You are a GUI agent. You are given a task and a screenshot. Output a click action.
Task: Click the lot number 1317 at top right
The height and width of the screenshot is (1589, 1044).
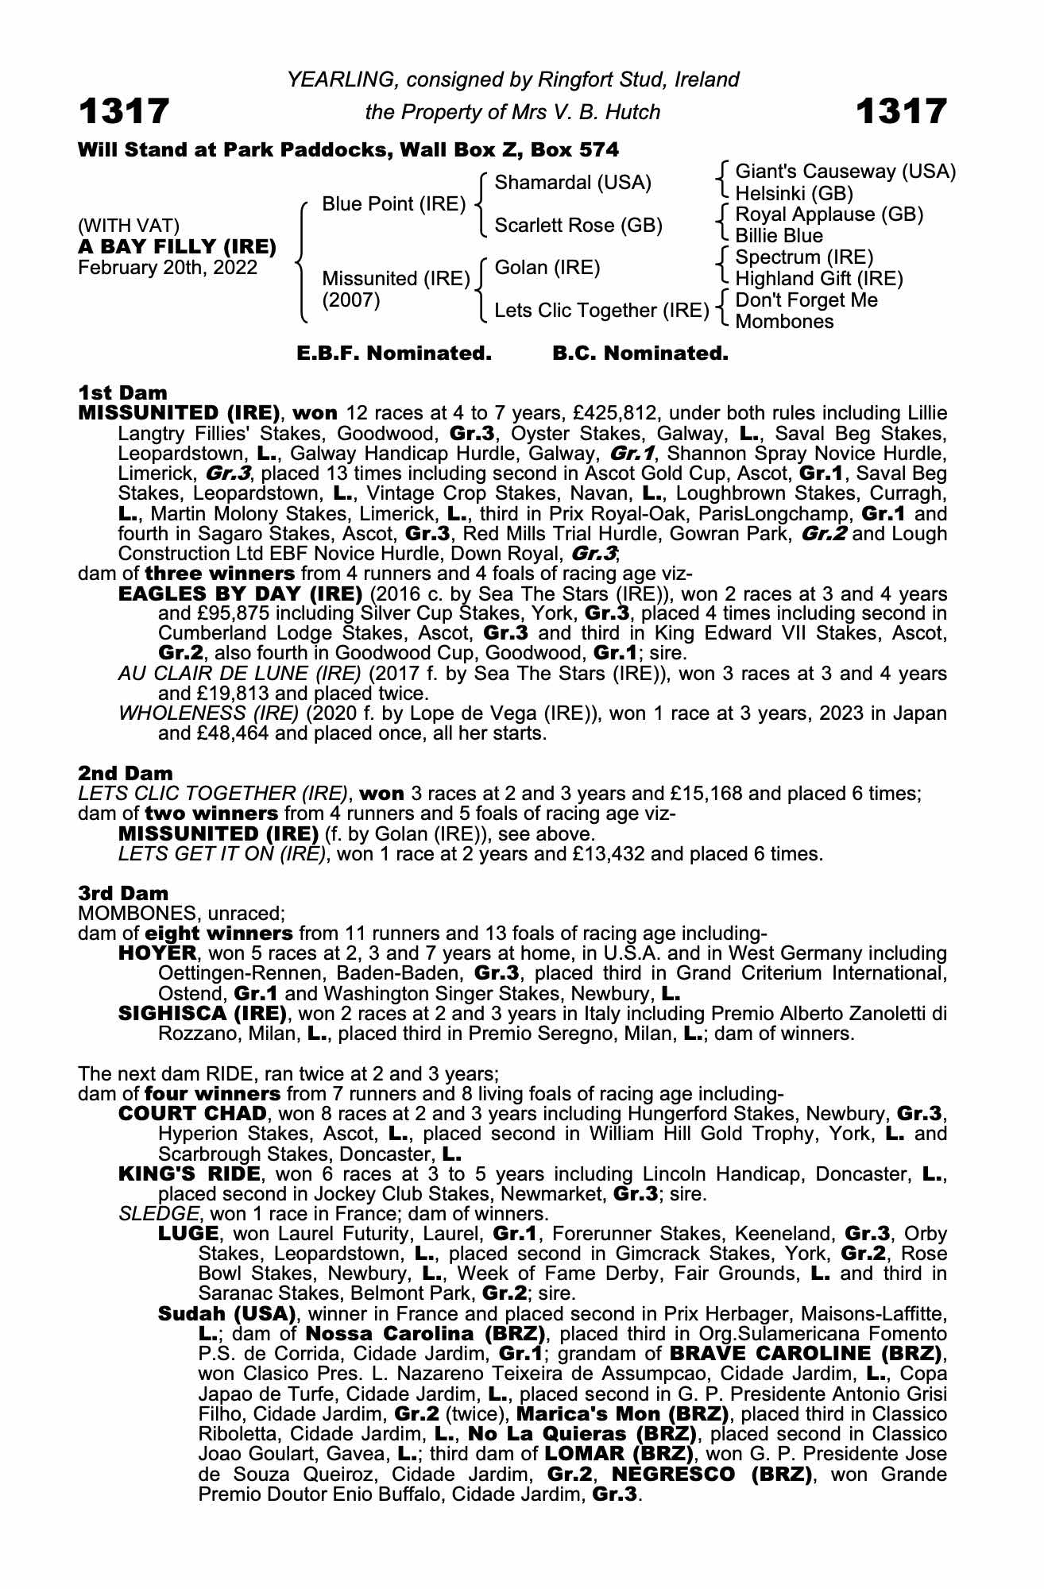[x=901, y=111]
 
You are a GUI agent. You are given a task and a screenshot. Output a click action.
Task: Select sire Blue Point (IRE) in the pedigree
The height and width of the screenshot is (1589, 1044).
[x=393, y=204]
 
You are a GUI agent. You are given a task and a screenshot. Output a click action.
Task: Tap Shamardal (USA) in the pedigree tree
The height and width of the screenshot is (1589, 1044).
[x=572, y=183]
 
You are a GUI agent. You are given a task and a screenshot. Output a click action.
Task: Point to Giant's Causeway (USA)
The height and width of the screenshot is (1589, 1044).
[x=845, y=172]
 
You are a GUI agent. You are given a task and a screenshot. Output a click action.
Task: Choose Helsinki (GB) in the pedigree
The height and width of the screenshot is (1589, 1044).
[x=794, y=193]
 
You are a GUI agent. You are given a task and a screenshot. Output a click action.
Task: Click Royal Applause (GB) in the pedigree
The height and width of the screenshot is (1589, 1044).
[x=829, y=215]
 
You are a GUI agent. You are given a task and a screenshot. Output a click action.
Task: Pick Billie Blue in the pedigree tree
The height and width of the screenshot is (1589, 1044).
[x=779, y=236]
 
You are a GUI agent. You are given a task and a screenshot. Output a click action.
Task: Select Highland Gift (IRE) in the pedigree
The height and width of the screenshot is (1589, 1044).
[x=818, y=279]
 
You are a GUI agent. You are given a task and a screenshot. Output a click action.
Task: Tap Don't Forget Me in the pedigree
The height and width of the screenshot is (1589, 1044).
[x=806, y=300]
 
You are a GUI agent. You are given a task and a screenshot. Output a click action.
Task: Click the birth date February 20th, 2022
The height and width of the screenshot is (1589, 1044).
[x=168, y=267]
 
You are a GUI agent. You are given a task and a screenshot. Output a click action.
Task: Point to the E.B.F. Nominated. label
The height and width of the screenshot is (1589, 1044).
[x=394, y=354]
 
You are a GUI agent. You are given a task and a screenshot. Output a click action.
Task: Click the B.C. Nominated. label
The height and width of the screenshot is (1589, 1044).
[x=640, y=354]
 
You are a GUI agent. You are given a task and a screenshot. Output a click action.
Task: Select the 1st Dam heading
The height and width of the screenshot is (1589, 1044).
[x=123, y=392]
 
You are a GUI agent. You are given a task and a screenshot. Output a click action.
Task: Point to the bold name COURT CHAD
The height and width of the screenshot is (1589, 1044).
[x=191, y=1114]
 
